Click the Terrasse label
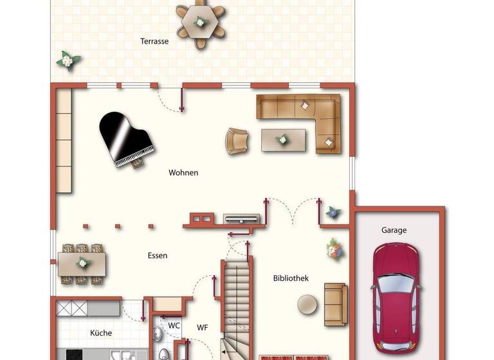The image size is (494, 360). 154,41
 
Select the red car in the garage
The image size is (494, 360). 396,299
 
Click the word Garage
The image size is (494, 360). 394,230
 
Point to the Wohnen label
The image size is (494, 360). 183,172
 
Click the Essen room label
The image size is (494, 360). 158,255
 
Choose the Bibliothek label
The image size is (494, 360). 291,278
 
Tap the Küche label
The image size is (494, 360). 101,333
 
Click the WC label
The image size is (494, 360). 174,325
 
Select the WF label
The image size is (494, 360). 203,328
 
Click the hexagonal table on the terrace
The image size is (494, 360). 201,22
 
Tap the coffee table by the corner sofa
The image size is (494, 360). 283,139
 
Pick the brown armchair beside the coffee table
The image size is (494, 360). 237,141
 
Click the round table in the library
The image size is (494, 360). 307,303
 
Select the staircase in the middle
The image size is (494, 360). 236,302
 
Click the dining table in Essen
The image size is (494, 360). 82,264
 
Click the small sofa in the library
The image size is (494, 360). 335,304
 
